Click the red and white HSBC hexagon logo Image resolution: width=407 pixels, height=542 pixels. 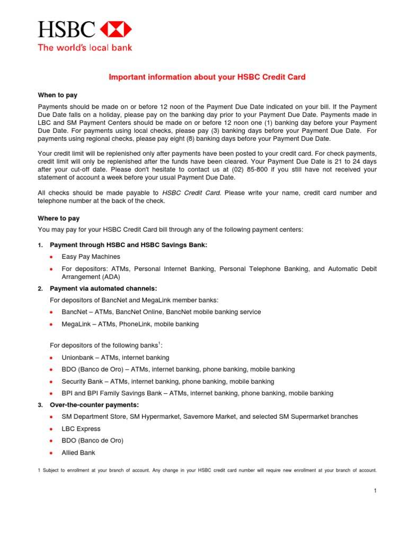(116, 30)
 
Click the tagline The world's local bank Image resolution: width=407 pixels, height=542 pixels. (84, 48)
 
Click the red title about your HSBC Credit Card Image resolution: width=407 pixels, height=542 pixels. (207, 77)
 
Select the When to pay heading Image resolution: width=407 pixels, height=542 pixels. (57, 95)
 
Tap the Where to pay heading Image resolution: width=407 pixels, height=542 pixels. (58, 218)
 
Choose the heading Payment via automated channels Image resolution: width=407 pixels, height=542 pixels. (103, 288)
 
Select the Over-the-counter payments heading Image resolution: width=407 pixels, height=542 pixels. (94, 405)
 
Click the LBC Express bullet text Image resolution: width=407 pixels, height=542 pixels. (81, 429)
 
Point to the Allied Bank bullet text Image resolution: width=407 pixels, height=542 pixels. (78, 453)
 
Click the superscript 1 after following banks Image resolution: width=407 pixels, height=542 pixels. (159, 344)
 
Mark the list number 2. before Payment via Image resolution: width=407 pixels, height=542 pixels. (40, 289)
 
